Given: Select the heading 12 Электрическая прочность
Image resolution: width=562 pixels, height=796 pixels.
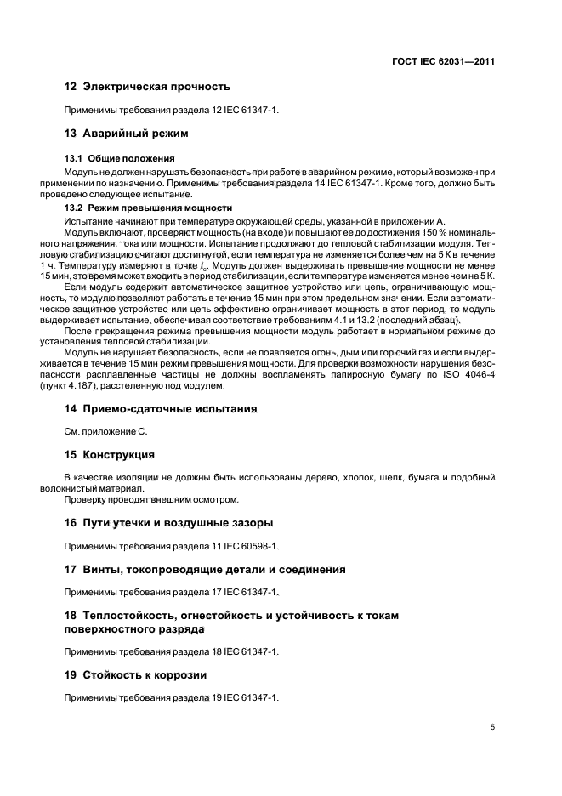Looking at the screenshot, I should [147, 87].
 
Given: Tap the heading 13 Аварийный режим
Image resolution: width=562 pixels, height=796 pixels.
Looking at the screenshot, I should [126, 134].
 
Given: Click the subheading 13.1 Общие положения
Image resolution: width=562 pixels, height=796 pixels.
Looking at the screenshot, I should [119, 158].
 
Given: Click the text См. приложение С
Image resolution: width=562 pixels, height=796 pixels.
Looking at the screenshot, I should [106, 432].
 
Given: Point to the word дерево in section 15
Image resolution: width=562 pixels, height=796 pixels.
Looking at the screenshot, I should [321, 478].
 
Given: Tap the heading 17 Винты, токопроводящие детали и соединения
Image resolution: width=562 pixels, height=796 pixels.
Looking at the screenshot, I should [205, 569].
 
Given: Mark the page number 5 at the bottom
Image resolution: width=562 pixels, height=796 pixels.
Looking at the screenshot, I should [492, 727].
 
